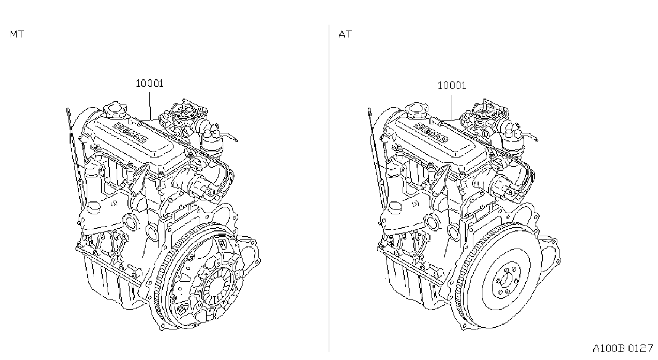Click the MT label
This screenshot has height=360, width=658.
click(17, 34)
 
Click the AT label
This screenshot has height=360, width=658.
click(345, 34)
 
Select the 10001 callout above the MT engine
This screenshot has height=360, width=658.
click(149, 84)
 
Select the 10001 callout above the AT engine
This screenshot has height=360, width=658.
click(452, 86)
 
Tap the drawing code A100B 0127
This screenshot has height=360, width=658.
click(623, 348)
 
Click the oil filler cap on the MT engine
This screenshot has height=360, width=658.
click(115, 110)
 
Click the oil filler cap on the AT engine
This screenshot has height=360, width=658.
click(416, 110)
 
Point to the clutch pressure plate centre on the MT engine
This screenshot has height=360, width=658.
click(217, 286)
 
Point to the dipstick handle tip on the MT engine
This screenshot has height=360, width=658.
click(68, 110)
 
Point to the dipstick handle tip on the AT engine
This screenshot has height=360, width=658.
click(369, 110)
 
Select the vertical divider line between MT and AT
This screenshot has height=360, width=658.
click(329, 188)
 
